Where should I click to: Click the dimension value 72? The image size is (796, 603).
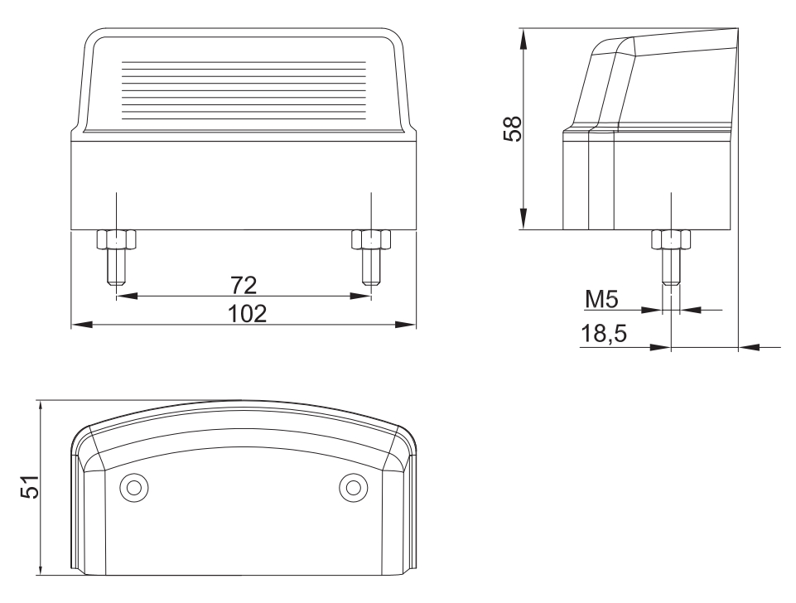[x=244, y=286]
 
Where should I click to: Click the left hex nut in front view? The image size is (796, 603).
[x=116, y=239]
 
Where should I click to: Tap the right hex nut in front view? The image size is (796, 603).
[x=370, y=239]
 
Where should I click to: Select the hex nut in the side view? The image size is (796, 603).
[x=669, y=239]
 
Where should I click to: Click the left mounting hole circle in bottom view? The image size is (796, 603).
[x=131, y=487]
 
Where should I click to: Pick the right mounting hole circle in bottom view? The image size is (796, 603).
[x=352, y=487]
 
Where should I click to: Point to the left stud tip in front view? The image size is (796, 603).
[x=116, y=278]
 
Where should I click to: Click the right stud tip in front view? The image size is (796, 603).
[x=370, y=278]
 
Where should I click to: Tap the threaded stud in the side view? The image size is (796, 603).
[x=669, y=267]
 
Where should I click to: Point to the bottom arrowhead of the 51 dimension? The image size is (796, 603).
[x=39, y=569]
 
